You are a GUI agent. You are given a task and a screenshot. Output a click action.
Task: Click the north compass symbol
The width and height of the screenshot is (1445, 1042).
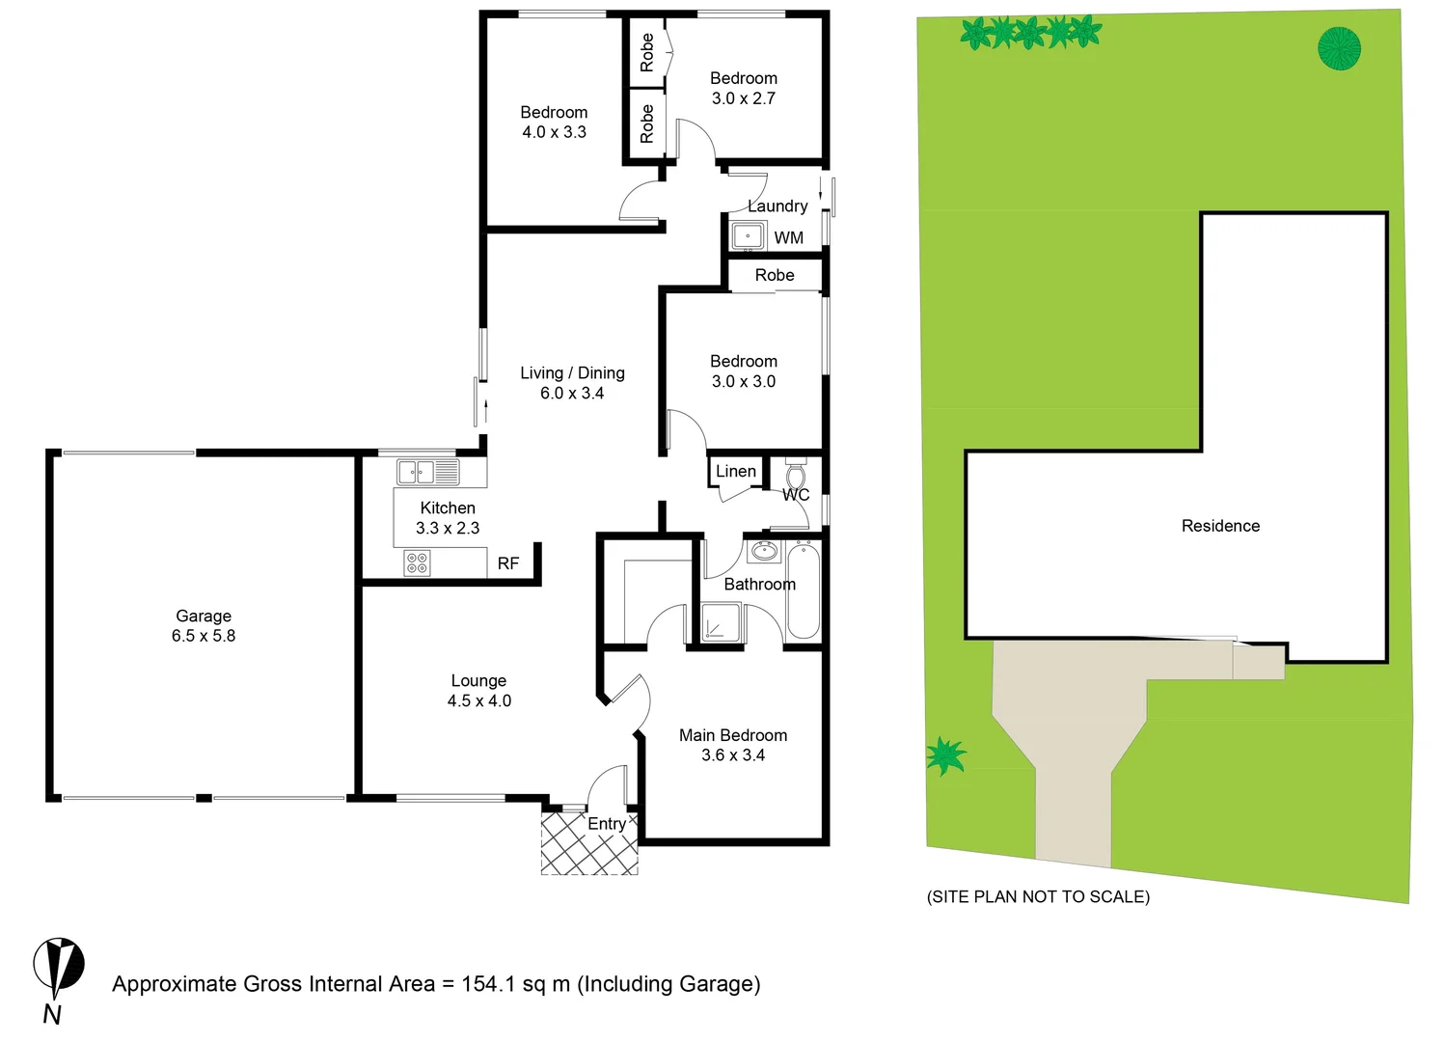pyautogui.click(x=58, y=967)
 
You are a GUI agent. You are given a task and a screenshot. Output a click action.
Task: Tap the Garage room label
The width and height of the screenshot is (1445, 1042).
pyautogui.click(x=204, y=616)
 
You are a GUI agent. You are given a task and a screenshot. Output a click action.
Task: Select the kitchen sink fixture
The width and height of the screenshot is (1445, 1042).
pyautogui.click(x=428, y=472)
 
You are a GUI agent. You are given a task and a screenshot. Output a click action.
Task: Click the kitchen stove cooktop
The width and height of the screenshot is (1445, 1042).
pyautogui.click(x=417, y=562)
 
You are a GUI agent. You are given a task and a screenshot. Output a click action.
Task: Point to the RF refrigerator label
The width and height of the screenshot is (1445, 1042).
pyautogui.click(x=508, y=563)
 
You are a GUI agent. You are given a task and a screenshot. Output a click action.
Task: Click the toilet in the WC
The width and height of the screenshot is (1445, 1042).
pyautogui.click(x=796, y=476)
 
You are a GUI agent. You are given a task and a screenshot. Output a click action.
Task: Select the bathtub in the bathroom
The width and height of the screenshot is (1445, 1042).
pyautogui.click(x=803, y=590)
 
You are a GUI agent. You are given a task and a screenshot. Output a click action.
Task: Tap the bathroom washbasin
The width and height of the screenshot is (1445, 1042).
pyautogui.click(x=764, y=552)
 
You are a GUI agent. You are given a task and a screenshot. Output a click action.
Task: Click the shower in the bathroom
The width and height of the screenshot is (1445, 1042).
pyautogui.click(x=721, y=622)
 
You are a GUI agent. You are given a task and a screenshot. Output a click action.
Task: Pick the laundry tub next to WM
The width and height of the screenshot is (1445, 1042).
pyautogui.click(x=748, y=235)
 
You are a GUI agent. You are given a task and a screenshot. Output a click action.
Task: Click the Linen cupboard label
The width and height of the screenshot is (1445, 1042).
pyautogui.click(x=736, y=471)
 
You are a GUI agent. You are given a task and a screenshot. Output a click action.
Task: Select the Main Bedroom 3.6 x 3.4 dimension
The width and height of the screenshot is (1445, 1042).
pyautogui.click(x=733, y=755)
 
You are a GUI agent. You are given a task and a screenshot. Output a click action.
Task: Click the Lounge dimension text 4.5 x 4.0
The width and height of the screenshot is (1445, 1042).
pyautogui.click(x=479, y=701)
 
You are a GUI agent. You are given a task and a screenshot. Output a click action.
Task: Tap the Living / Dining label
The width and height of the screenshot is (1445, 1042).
pyautogui.click(x=572, y=372)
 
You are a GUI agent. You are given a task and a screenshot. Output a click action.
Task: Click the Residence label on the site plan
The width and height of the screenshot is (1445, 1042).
pyautogui.click(x=1220, y=526)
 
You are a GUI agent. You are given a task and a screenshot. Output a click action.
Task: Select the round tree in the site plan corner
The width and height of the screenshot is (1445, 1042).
pyautogui.click(x=1339, y=48)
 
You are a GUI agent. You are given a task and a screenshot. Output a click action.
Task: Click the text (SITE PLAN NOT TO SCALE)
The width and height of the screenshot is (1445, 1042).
pyautogui.click(x=1038, y=896)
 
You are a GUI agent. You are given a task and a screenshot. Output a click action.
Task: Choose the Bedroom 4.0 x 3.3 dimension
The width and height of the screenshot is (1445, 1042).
pyautogui.click(x=555, y=132)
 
